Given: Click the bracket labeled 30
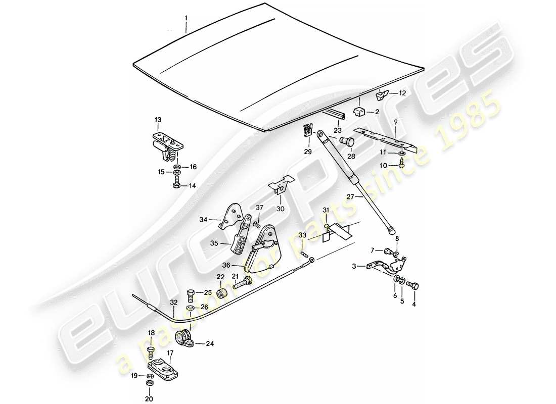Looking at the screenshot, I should point(281,185).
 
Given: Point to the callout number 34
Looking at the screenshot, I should point(203,220).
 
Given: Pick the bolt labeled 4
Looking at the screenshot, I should point(411,285).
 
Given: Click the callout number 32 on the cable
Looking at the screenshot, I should point(173,303).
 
